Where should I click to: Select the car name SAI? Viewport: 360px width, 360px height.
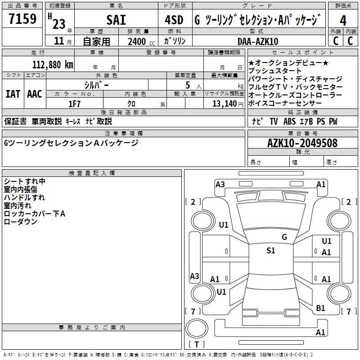click(116, 20)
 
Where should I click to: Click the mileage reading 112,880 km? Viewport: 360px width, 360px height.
click(53, 64)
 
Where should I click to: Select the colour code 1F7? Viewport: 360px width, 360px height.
click(74, 104)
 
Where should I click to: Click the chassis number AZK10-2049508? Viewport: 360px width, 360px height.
click(302, 143)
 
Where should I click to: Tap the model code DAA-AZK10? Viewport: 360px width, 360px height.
click(258, 41)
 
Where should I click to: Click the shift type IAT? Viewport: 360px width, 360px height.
click(13, 94)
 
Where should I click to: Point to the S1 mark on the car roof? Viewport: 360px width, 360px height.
click(271, 251)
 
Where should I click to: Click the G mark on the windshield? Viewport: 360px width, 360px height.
click(284, 237)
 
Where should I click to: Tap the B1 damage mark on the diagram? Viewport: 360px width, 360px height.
click(320, 308)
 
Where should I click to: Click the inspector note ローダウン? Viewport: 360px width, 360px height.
click(21, 222)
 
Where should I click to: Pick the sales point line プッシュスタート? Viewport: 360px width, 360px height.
click(275, 71)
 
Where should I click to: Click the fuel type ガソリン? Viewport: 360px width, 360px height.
click(174, 41)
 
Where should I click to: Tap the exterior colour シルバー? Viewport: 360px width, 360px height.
click(97, 84)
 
